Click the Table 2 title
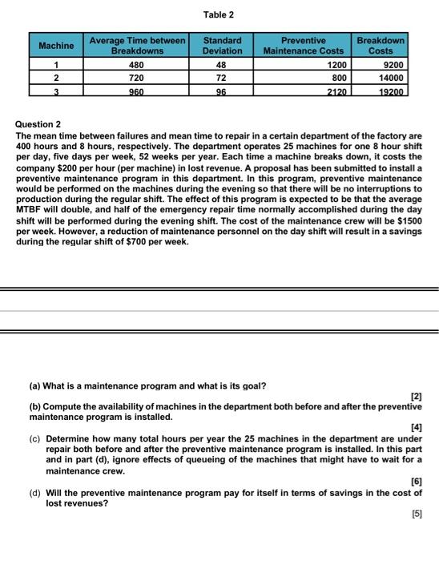pos(219,15)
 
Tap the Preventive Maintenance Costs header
pos(304,46)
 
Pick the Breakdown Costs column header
pos(381,46)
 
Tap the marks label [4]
pos(416,428)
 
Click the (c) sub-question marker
pos(36,439)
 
